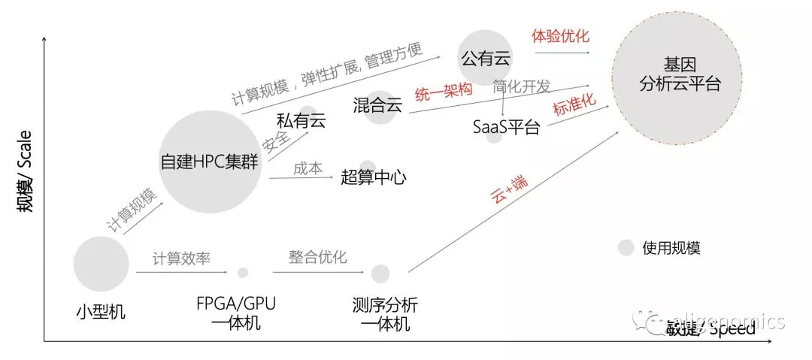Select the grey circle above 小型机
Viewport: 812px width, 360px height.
(101, 263)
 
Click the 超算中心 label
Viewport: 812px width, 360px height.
(374, 177)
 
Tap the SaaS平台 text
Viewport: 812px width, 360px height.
(506, 126)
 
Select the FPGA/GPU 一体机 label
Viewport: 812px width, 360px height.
(236, 314)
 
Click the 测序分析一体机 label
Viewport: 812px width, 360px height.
(385, 315)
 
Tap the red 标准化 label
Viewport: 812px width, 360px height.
(574, 105)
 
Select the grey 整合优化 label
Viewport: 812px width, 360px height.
(318, 257)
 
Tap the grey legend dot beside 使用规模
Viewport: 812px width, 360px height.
(626, 247)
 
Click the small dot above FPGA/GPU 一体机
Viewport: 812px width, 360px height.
(243, 273)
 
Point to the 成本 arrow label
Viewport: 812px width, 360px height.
(308, 169)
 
